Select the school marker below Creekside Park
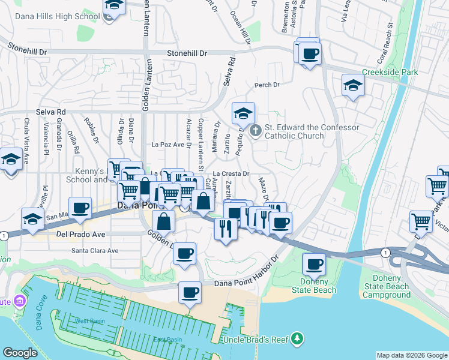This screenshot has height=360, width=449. coord(353,86)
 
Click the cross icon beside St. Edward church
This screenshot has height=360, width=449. coord(255,131)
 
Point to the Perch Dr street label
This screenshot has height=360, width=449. coord(267,85)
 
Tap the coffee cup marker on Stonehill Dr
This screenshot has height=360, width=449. coord(310,54)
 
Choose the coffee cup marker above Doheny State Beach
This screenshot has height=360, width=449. coord(313,263)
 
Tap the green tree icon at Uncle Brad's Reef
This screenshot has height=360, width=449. coord(295,340)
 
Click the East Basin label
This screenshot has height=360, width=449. coord(167,340)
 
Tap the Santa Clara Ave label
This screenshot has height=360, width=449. coord(95,250)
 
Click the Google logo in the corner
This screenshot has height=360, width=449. coord(20,353)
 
